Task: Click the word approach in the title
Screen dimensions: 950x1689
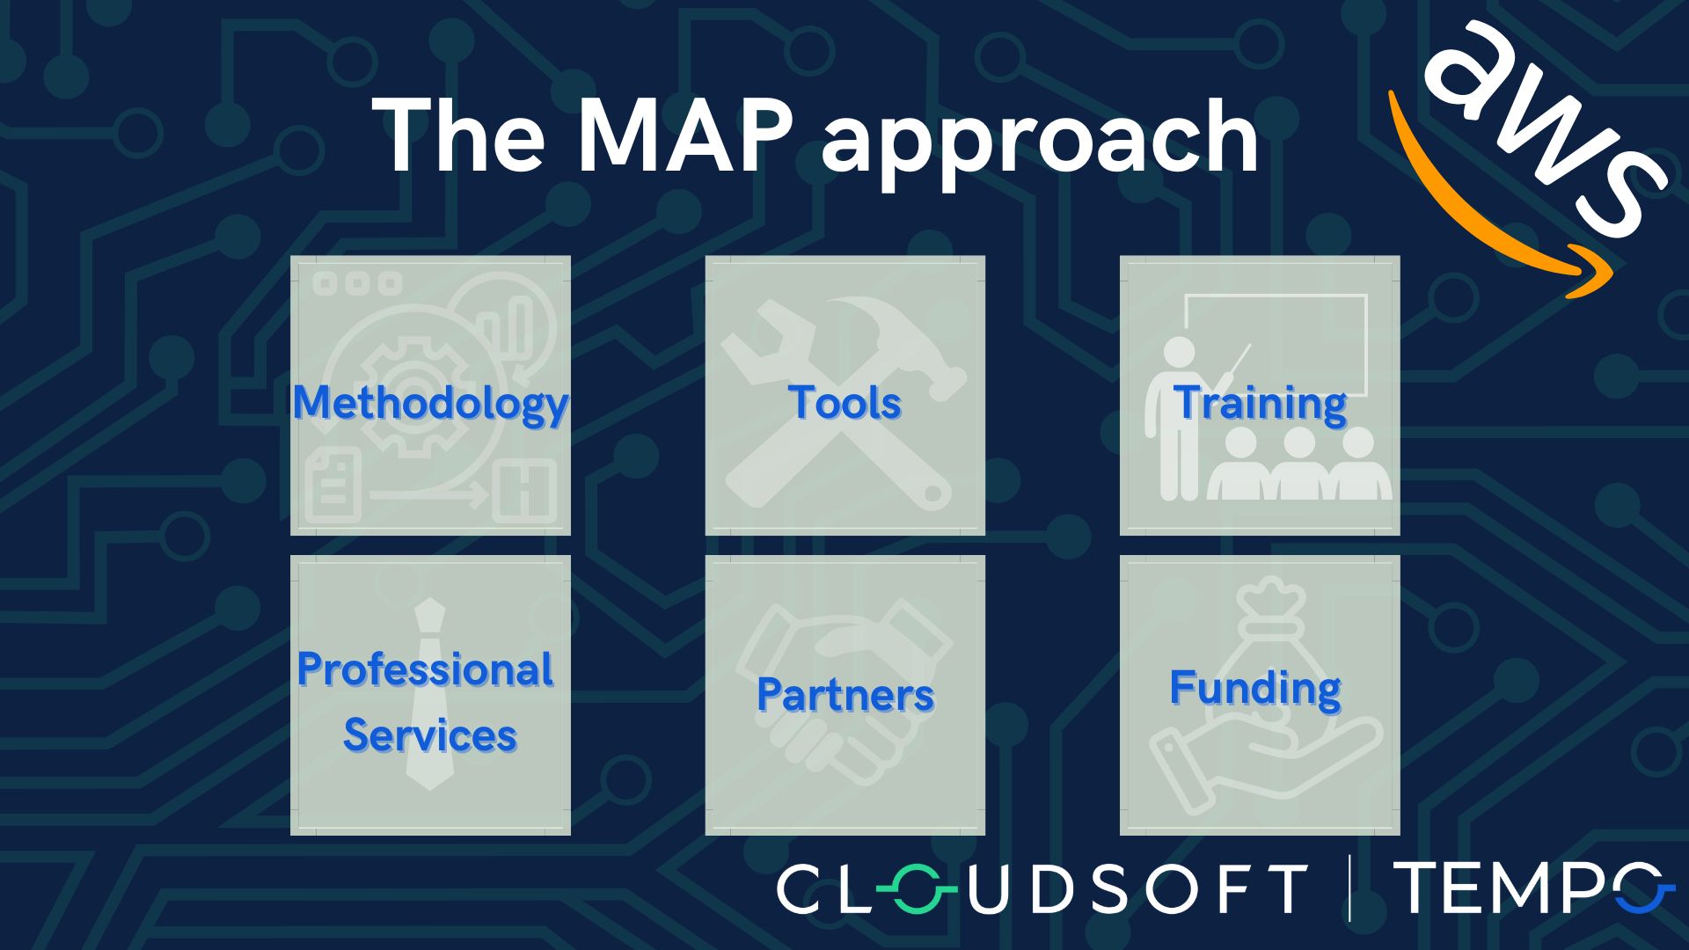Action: point(1040,141)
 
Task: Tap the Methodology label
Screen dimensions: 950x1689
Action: point(430,403)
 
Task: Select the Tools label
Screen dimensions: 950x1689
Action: point(844,403)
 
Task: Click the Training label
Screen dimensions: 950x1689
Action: point(1260,403)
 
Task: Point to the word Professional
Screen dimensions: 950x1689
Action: point(425,669)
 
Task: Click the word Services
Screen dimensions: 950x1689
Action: point(429,735)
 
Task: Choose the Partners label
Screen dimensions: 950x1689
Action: point(844,695)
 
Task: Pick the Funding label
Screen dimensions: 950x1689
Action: point(1255,688)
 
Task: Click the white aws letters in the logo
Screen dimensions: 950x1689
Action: point(1548,123)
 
